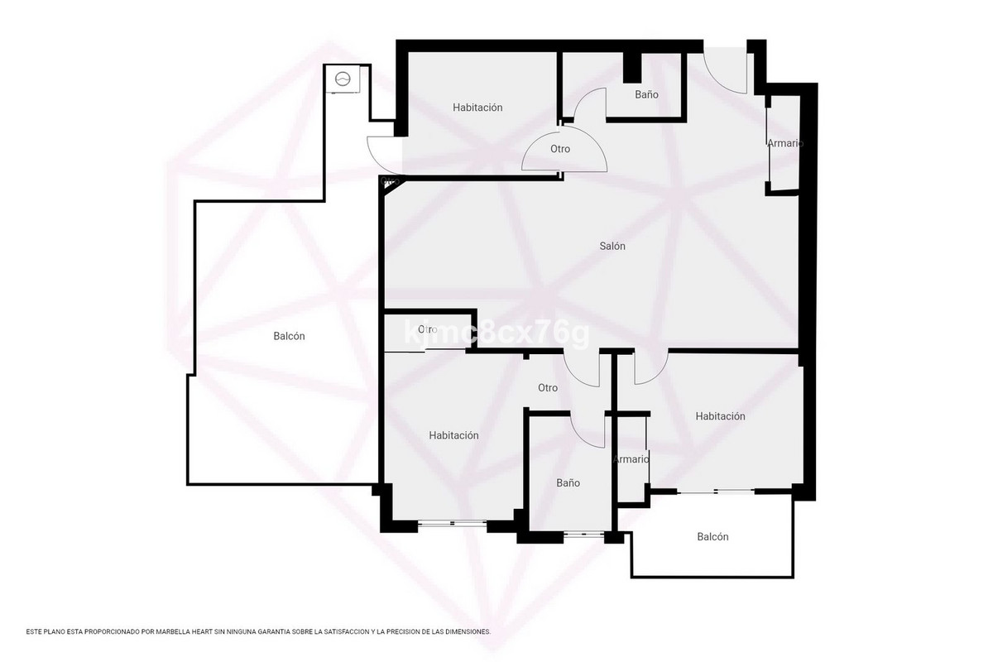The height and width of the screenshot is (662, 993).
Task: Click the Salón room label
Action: (612, 247)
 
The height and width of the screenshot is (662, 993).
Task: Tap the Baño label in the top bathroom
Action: (646, 95)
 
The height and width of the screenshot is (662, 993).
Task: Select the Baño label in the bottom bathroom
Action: (568, 482)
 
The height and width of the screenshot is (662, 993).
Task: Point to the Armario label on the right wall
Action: (784, 143)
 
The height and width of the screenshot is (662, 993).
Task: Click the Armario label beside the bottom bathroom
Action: (631, 459)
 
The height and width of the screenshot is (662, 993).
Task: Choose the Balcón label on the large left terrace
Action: (289, 336)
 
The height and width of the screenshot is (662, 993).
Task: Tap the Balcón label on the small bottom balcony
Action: (712, 537)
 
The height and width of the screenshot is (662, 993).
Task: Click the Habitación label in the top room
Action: (477, 108)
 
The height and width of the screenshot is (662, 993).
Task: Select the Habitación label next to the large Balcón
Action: (453, 435)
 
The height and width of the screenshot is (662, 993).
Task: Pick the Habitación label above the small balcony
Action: (720, 416)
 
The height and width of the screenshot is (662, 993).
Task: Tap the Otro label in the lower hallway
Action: (547, 388)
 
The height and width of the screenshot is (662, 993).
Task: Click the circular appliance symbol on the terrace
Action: (343, 80)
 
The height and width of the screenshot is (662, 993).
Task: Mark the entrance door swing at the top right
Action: (725, 70)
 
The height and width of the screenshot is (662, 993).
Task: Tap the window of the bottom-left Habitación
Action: (453, 522)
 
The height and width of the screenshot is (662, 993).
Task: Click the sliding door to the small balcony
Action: (716, 492)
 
